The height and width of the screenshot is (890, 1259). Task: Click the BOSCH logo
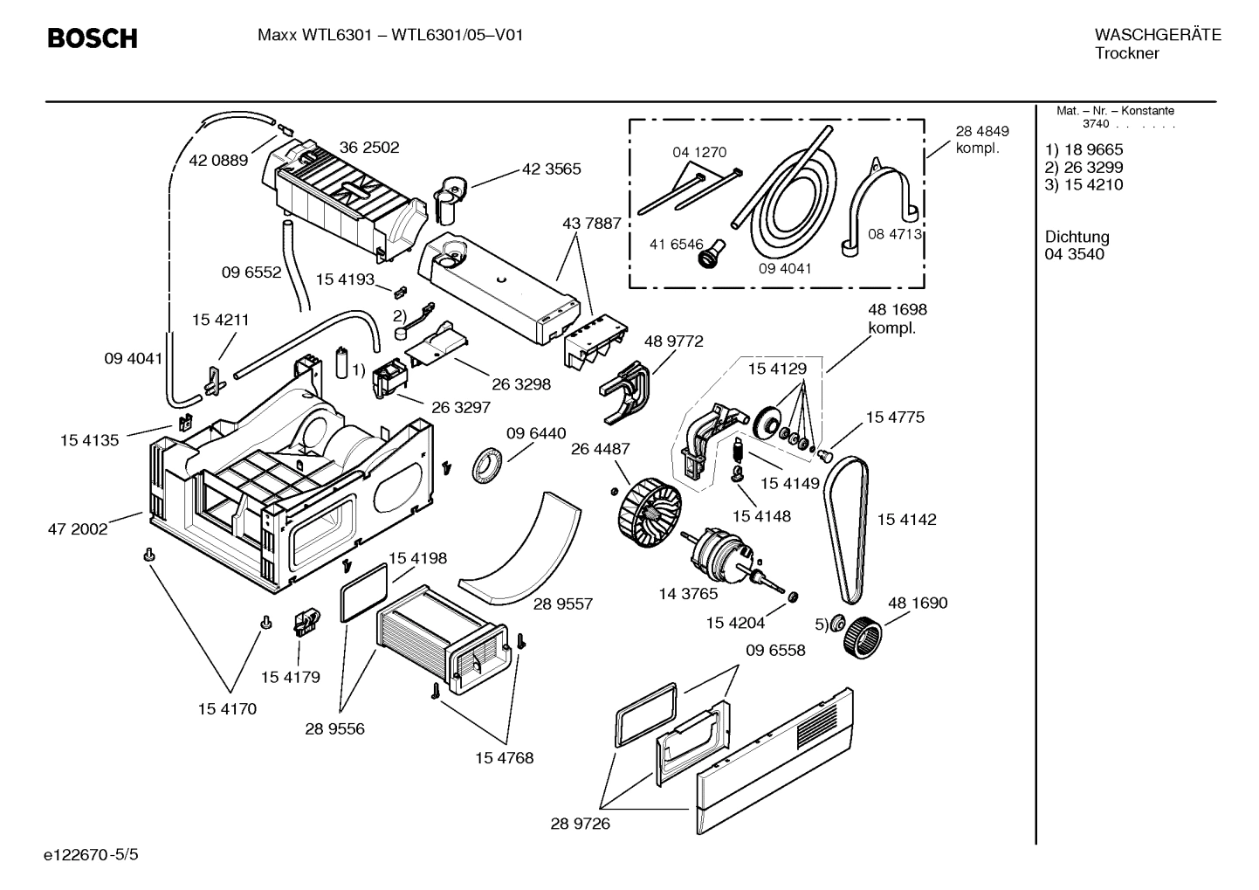tap(91, 38)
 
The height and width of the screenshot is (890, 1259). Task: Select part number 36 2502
tap(368, 148)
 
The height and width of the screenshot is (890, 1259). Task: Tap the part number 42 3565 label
tap(551, 169)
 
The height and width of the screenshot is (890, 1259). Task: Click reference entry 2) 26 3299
tap(1084, 168)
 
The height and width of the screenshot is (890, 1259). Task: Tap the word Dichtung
tap(1077, 237)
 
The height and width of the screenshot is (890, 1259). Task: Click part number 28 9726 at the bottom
tap(580, 823)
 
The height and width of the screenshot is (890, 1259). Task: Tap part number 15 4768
tap(504, 757)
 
